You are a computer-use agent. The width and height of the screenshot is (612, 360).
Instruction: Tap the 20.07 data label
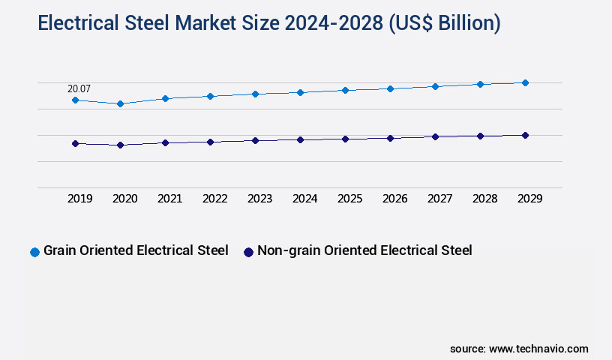coord(79,88)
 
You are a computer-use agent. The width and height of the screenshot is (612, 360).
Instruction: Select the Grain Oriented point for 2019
coord(75,100)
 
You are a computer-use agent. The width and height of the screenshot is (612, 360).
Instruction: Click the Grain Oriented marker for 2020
coord(120,103)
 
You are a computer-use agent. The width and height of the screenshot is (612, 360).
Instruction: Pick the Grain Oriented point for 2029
coord(525,82)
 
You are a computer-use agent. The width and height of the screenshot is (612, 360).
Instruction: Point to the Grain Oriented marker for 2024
coord(300,92)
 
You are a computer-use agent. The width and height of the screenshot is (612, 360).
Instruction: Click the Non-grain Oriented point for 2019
coord(75,143)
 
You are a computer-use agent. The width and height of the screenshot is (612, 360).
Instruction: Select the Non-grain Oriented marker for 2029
coord(525,135)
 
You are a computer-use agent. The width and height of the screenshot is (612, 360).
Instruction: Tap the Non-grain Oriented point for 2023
coord(255,140)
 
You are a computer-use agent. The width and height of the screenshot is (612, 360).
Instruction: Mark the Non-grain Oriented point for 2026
coord(390,138)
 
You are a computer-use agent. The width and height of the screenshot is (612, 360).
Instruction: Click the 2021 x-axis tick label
coord(169,199)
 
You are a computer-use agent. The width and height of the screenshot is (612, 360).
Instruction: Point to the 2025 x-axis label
coord(349,199)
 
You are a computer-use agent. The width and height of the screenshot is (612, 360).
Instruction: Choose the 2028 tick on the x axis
coord(484,199)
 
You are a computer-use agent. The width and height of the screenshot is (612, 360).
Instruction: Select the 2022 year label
coord(214,199)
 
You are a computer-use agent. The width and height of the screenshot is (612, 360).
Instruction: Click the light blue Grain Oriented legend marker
coord(34,252)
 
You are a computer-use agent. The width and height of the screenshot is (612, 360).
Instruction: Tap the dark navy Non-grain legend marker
coord(248,252)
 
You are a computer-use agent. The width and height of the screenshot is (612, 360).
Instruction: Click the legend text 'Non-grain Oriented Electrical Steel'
coord(364,251)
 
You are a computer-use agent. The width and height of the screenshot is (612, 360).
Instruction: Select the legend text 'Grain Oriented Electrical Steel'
coord(136,251)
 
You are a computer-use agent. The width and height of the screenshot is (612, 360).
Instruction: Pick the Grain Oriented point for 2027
coord(435,86)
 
